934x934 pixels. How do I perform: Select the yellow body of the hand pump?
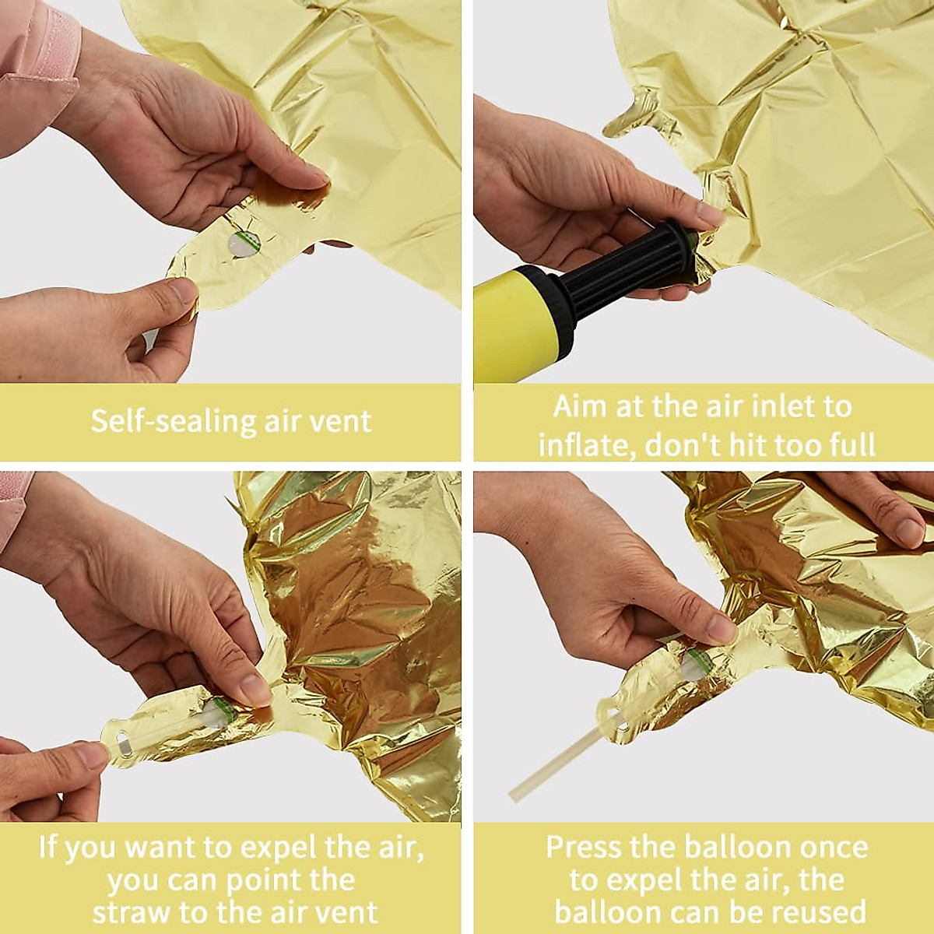click(510, 323)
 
